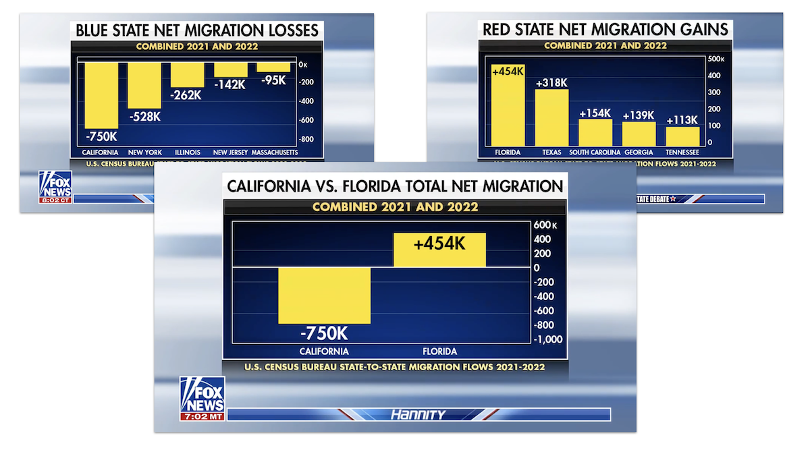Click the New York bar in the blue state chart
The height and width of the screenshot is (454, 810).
pos(144,85)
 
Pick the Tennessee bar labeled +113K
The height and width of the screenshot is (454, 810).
pos(682,136)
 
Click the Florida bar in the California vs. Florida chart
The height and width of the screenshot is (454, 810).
pos(439,250)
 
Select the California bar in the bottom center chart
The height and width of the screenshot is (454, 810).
pos(324,295)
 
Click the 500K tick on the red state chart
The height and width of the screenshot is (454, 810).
pos(715,59)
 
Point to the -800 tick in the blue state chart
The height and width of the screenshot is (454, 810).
pos(307,139)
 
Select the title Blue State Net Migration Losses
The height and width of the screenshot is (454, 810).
pos(197,30)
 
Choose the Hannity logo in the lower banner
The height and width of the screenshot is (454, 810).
pos(418,415)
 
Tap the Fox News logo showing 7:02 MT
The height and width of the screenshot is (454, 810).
pos(202,399)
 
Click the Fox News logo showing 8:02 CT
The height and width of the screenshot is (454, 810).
pos(55,187)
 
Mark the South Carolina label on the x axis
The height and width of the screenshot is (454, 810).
pos(595,152)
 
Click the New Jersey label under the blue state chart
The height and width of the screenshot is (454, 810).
pos(231,152)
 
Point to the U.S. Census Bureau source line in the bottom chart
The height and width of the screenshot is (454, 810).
pos(395,367)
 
